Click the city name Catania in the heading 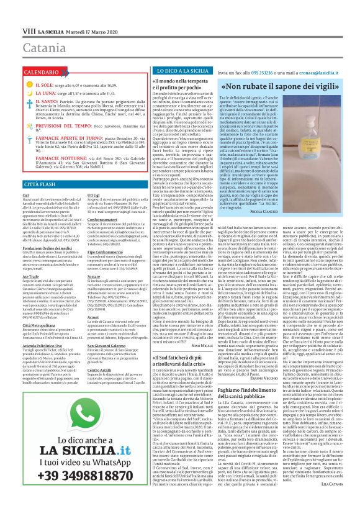(29, 29)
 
